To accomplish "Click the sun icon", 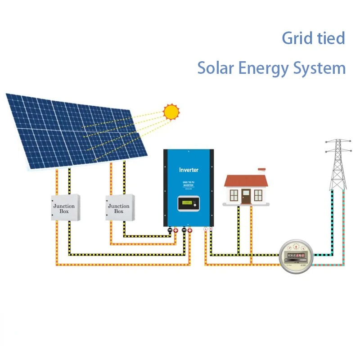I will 171,111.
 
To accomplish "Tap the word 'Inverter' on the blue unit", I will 189,170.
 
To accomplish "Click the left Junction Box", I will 65,207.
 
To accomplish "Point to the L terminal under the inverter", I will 206,229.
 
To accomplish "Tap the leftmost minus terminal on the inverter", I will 170,230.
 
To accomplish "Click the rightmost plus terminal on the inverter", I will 190,230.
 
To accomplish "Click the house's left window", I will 234,195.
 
